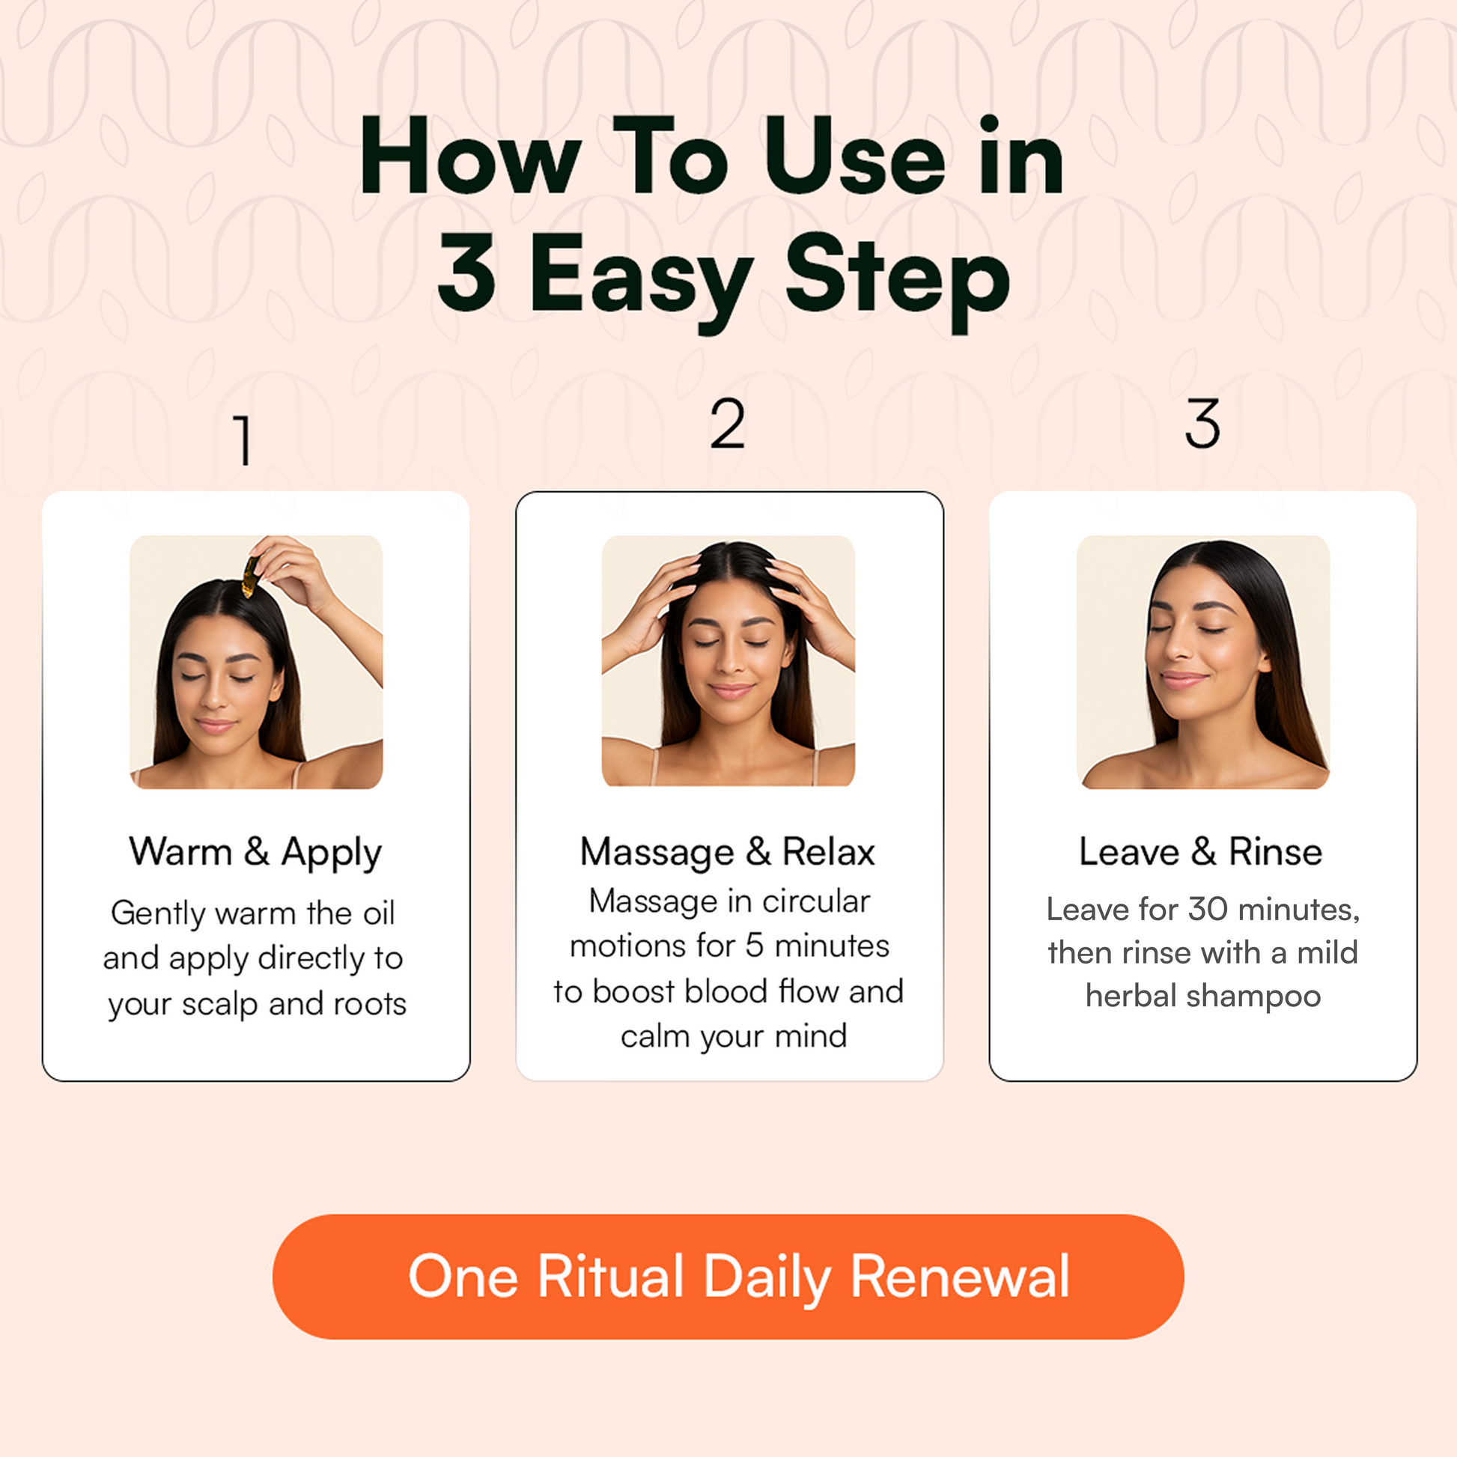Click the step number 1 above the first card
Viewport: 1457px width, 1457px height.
coord(243,439)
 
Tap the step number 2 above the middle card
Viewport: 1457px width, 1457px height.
coord(728,424)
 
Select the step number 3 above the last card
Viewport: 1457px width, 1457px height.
coord(1202,424)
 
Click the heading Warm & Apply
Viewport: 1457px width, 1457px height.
coord(255,853)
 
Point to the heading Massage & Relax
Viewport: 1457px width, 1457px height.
coord(728,853)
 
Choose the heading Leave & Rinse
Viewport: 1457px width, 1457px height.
coord(1202,852)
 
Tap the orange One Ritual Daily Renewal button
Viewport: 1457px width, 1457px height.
coord(728,1277)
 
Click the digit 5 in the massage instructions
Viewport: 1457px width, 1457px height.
coord(754,946)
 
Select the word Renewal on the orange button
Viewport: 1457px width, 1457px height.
coord(960,1277)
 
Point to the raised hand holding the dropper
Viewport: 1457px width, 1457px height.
coord(291,567)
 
